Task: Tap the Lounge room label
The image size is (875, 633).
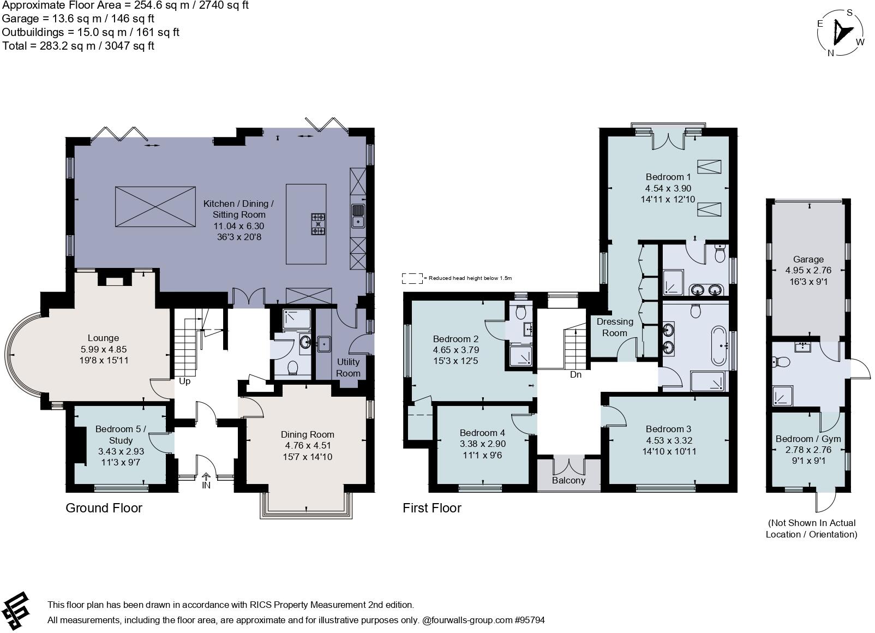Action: (x=103, y=338)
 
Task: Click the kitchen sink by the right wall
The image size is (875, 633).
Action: (x=358, y=216)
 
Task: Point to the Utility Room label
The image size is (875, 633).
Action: (x=348, y=367)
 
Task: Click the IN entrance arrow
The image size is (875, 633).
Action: (x=206, y=480)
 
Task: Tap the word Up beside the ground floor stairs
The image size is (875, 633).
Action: (x=184, y=381)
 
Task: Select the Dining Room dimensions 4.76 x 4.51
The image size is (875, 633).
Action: (x=307, y=445)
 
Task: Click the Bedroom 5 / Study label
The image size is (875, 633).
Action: (x=121, y=434)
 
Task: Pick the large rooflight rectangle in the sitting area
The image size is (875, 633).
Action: (x=155, y=206)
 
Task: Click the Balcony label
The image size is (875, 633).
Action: (x=568, y=480)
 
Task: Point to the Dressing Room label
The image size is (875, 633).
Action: (x=615, y=327)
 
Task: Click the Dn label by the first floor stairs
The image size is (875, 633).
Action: (x=575, y=374)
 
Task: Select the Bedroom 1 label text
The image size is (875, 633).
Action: (x=668, y=177)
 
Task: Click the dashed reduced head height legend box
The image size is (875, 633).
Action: (x=412, y=278)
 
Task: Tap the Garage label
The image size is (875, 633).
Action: (x=808, y=259)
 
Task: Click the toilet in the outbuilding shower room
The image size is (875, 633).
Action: (x=780, y=362)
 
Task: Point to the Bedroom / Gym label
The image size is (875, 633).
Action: (x=808, y=439)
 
